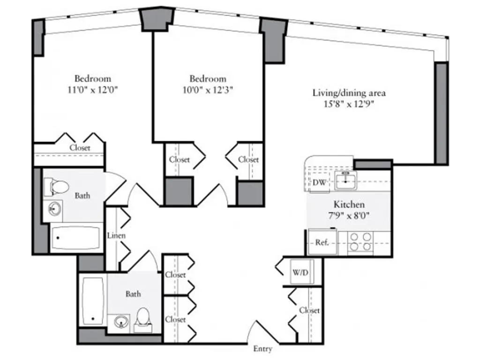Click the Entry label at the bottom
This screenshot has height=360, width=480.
(262, 349)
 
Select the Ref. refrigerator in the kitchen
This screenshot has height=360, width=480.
(322, 242)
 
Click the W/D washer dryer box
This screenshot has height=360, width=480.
(300, 272)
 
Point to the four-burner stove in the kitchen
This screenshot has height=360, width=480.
(361, 241)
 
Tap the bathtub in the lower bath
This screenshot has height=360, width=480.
(93, 300)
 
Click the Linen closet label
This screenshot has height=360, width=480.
(116, 235)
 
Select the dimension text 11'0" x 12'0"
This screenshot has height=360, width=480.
(92, 90)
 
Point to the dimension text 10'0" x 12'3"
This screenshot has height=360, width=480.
(208, 90)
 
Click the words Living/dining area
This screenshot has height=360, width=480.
(349, 93)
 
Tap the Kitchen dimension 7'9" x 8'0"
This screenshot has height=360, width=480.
(349, 216)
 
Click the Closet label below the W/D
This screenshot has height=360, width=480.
(309, 310)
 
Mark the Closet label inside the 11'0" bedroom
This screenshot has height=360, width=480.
(80, 148)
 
